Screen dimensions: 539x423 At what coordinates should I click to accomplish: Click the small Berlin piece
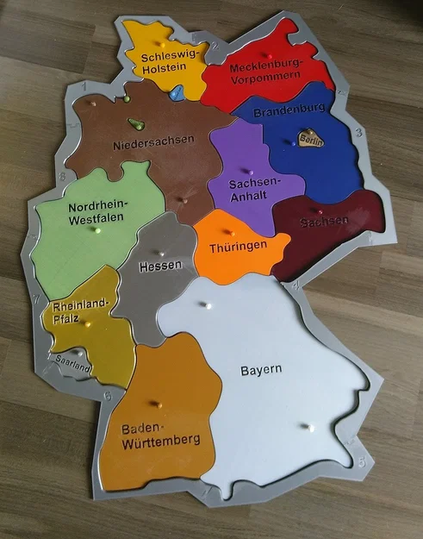pyautogui.click(x=310, y=139)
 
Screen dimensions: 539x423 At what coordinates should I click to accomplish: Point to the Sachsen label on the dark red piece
pyautogui.click(x=324, y=222)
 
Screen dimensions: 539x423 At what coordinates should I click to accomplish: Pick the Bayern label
pyautogui.click(x=261, y=371)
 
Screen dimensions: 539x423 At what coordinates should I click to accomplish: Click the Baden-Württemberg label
pyautogui.click(x=159, y=437)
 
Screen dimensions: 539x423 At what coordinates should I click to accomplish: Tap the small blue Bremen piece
pyautogui.click(x=177, y=92)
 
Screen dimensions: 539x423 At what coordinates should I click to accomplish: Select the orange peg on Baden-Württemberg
pyautogui.click(x=156, y=403)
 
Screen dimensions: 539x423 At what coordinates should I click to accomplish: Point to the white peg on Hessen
pyautogui.click(x=161, y=253)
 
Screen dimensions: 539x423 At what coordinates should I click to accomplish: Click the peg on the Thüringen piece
pyautogui.click(x=228, y=231)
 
